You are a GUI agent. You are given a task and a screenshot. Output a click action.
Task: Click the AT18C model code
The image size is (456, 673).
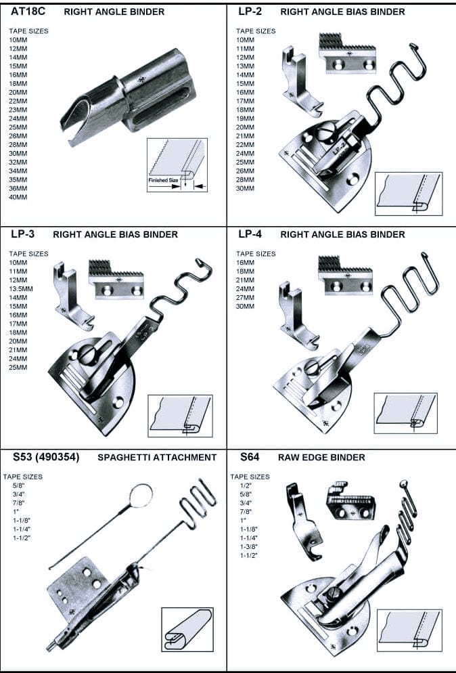27,12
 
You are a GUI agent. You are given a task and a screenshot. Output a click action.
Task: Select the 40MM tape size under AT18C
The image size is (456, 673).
18,198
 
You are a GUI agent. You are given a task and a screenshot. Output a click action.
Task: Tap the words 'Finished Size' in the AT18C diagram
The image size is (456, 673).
163,181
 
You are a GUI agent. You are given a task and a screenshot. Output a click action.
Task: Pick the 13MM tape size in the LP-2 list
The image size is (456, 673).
245,66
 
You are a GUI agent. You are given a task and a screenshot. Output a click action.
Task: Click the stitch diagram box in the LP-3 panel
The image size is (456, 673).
180,416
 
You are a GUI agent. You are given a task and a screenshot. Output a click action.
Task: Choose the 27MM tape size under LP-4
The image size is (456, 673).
246,297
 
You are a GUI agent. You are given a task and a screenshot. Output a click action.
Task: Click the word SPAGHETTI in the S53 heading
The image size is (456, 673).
127,458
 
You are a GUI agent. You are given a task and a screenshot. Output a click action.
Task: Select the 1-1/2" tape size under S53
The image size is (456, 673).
22,538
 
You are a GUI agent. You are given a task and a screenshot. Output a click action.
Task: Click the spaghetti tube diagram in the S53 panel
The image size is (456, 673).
187,629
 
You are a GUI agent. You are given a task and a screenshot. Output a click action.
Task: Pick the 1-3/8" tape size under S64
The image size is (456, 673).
250,546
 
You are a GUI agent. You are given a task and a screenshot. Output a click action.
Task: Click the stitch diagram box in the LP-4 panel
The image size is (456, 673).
407,414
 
